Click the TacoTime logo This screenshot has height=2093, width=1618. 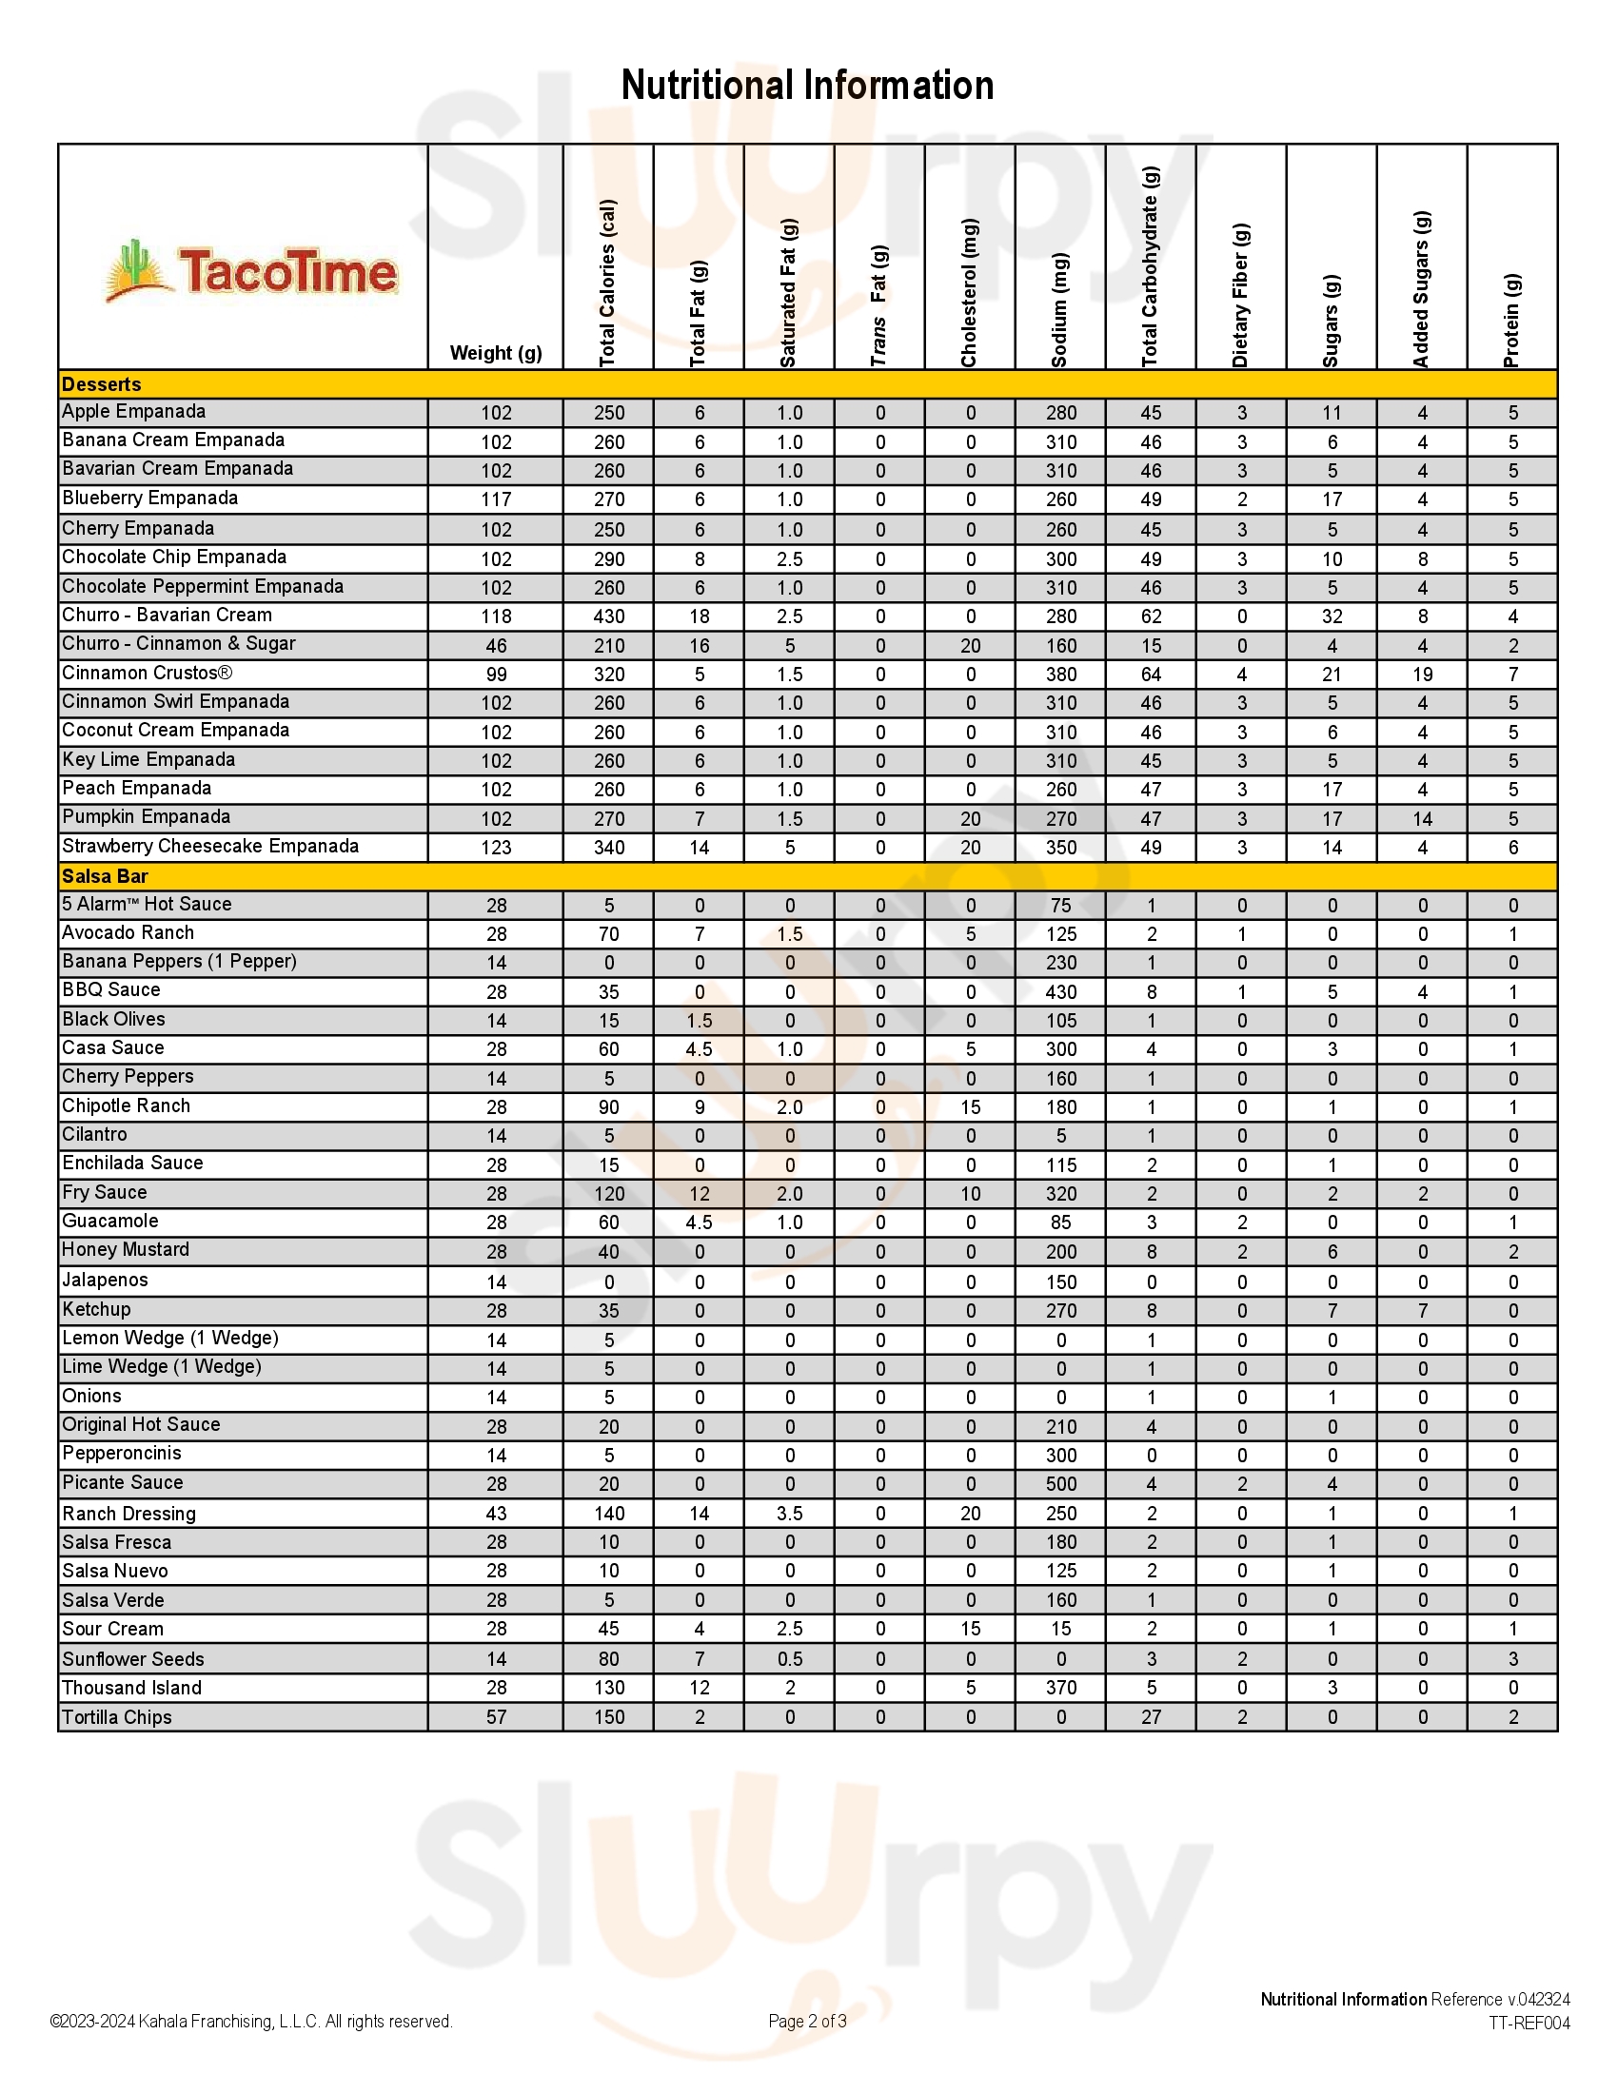251,271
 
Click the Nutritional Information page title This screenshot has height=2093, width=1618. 807,86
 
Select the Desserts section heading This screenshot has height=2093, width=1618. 102,384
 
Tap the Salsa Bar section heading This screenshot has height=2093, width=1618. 105,876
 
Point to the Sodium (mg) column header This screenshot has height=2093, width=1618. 1059,308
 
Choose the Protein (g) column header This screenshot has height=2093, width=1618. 1511,320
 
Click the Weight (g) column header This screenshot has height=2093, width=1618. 496,353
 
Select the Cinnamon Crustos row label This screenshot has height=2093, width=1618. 147,673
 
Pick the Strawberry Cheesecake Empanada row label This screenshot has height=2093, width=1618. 210,846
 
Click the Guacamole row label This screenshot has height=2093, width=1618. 110,1221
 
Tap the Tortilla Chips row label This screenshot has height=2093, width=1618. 117,1716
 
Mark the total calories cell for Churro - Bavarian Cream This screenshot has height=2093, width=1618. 609,616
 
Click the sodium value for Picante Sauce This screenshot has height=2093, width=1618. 1061,1483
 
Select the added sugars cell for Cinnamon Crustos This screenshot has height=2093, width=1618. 1423,675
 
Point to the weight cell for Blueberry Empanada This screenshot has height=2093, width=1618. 496,499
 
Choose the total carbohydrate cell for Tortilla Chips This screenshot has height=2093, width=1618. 1152,1716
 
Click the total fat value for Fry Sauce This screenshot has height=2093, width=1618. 700,1193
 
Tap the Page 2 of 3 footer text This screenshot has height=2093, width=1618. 807,2021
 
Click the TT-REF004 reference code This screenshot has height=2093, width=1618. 1529,2023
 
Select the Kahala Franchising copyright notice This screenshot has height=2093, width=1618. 251,2021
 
